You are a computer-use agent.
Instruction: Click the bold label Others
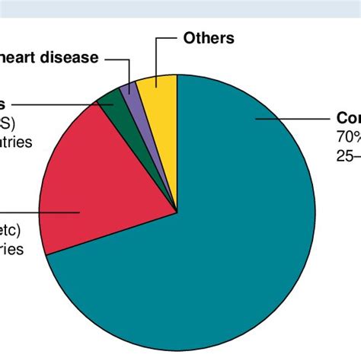(208, 38)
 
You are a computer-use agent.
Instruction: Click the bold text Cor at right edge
(349, 119)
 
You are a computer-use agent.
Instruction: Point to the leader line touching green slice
(53, 104)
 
